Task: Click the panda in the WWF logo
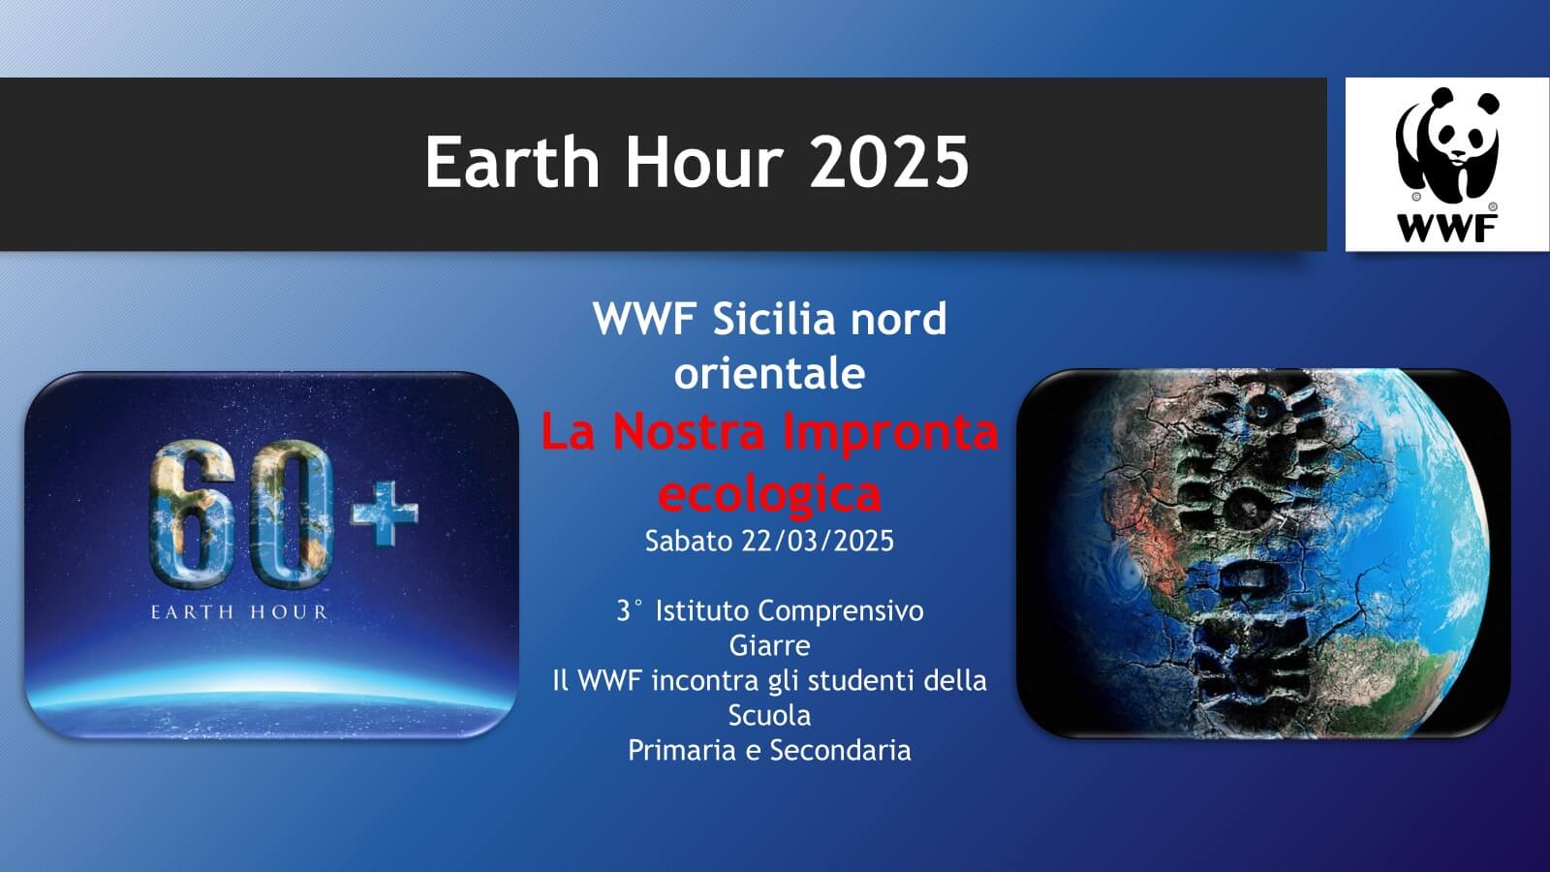[1446, 145]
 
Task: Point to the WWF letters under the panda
[1447, 229]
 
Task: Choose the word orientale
[769, 374]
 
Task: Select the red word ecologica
[769, 494]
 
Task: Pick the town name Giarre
[769, 645]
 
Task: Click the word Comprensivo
[841, 611]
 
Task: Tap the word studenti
[861, 680]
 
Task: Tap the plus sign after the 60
[385, 514]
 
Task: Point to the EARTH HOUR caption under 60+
[239, 612]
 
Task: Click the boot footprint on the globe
[1253, 546]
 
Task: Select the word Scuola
[769, 715]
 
